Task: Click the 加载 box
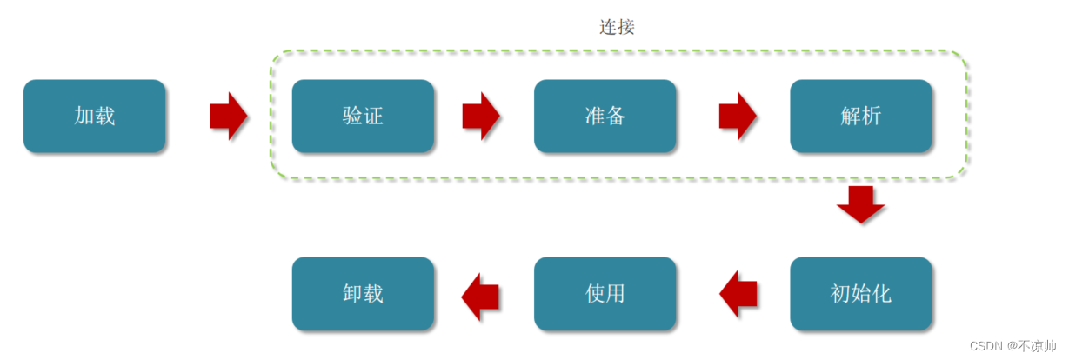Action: click(x=94, y=117)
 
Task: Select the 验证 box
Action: click(x=363, y=117)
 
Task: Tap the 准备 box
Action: click(x=605, y=117)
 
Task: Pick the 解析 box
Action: click(x=860, y=117)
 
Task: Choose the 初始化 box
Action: click(x=860, y=294)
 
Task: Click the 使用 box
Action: click(x=605, y=294)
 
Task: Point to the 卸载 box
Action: click(x=363, y=294)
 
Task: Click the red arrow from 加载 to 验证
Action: click(x=229, y=116)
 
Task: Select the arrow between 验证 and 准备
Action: click(x=481, y=116)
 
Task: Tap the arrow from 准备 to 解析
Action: click(x=738, y=116)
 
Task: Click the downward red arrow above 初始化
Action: click(x=860, y=204)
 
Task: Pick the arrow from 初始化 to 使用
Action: click(x=738, y=294)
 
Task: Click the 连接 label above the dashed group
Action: click(x=617, y=27)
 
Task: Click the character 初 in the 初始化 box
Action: click(x=840, y=294)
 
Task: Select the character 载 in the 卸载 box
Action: click(x=373, y=294)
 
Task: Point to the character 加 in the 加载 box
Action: click(x=84, y=117)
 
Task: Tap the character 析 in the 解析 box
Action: click(x=871, y=117)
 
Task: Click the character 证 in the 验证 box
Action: click(x=373, y=117)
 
